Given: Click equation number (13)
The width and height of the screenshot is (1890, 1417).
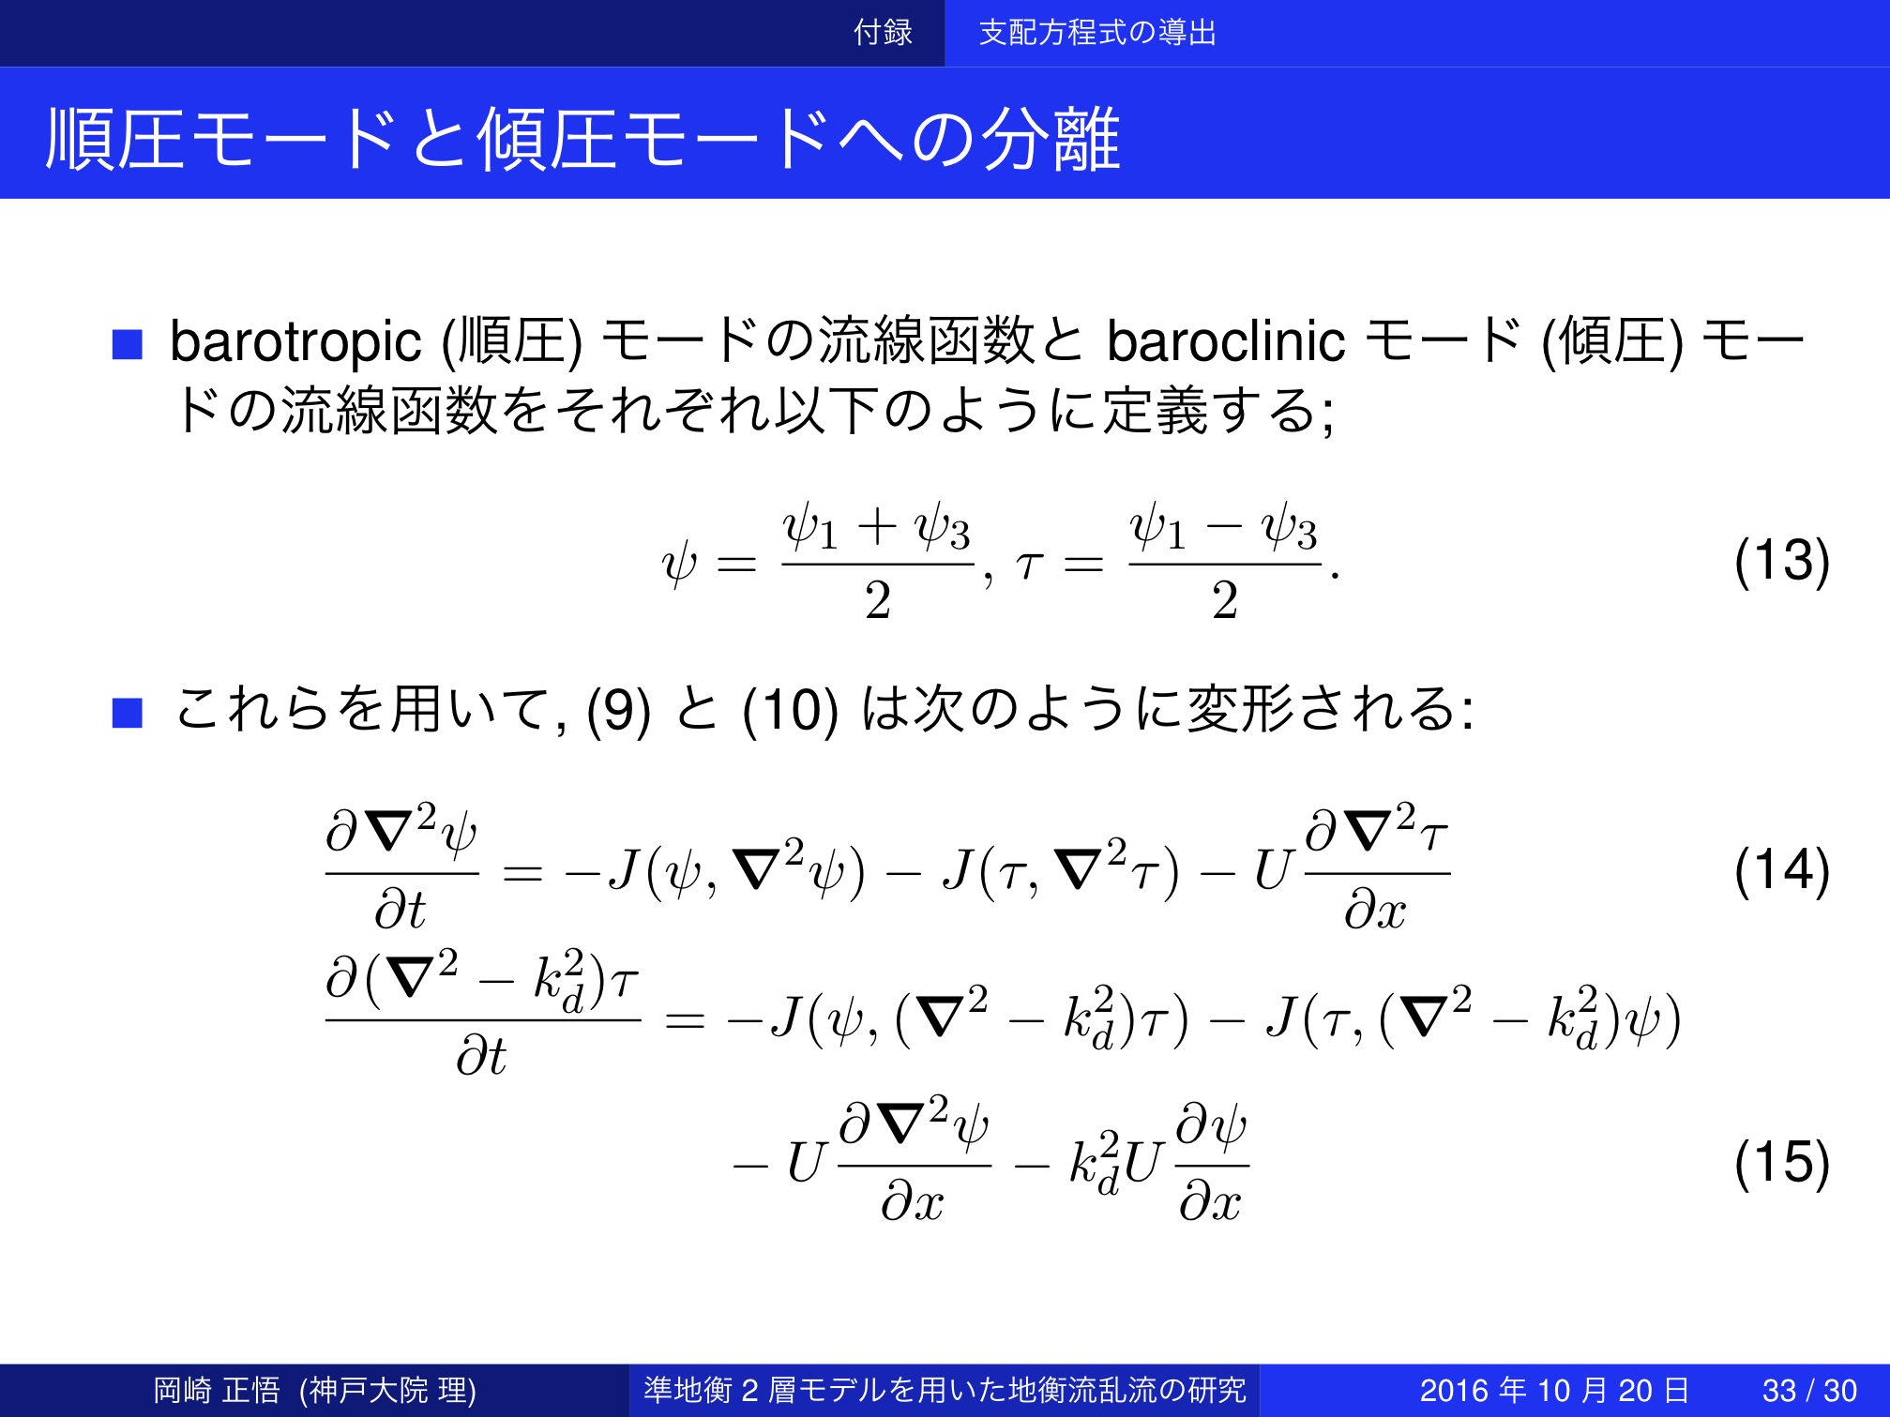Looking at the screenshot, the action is [1781, 561].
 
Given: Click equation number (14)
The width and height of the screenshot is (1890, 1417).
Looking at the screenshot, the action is [1781, 870].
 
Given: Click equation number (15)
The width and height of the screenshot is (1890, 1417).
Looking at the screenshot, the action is [1781, 1163].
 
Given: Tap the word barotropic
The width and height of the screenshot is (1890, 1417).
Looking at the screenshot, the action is [295, 342].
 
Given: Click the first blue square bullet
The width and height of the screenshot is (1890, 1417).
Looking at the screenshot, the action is [127, 344].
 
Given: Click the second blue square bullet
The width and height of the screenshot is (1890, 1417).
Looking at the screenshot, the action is [127, 713].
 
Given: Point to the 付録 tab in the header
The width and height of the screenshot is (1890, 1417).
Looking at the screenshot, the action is [883, 33].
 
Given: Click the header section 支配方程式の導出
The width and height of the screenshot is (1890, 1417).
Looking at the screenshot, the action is [1097, 33].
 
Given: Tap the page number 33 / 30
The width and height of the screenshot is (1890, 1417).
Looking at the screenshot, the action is [1809, 1390].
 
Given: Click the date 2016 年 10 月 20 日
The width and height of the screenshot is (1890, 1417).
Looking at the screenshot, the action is [1554, 1390].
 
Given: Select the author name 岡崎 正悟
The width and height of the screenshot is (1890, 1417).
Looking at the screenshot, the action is [217, 1390].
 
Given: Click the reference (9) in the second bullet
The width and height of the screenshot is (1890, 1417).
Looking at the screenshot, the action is [618, 710].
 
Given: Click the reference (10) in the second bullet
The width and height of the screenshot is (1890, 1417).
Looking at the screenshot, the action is [790, 710].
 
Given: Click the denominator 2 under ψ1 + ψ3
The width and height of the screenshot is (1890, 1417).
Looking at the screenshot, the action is [878, 600].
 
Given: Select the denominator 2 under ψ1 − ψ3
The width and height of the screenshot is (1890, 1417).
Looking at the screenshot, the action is [1225, 600].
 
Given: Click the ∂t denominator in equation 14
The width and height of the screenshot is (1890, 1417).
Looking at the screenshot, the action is [401, 909].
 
